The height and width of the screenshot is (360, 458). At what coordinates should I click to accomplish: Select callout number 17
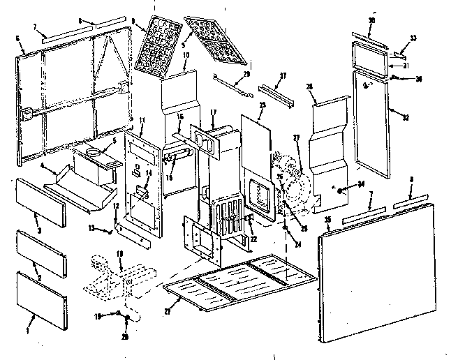(x=214, y=112)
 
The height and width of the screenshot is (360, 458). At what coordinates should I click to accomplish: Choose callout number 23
(x=263, y=105)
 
